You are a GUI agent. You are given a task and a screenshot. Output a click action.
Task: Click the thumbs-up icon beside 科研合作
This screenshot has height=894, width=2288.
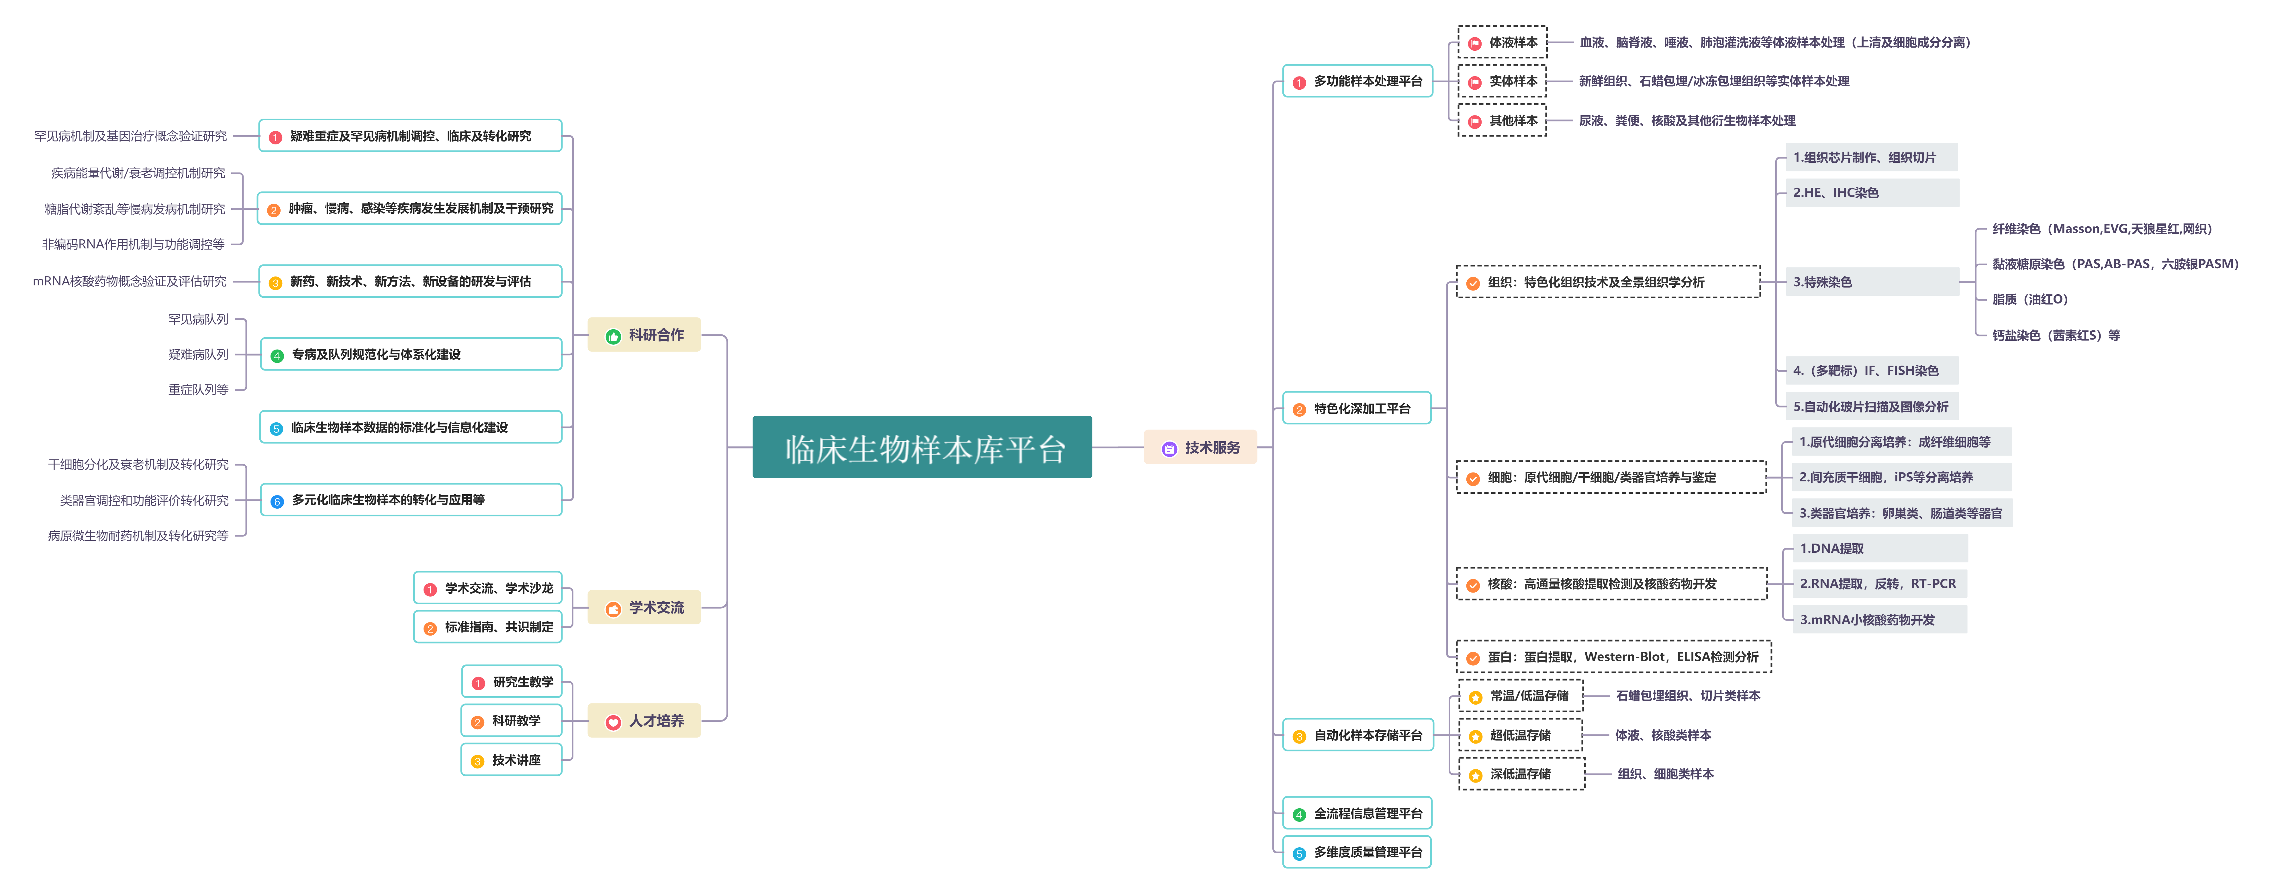[x=613, y=336]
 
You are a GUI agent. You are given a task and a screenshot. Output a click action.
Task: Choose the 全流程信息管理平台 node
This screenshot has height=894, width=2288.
[x=1357, y=813]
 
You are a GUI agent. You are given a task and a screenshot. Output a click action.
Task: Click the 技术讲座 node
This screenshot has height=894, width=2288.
[x=512, y=760]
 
